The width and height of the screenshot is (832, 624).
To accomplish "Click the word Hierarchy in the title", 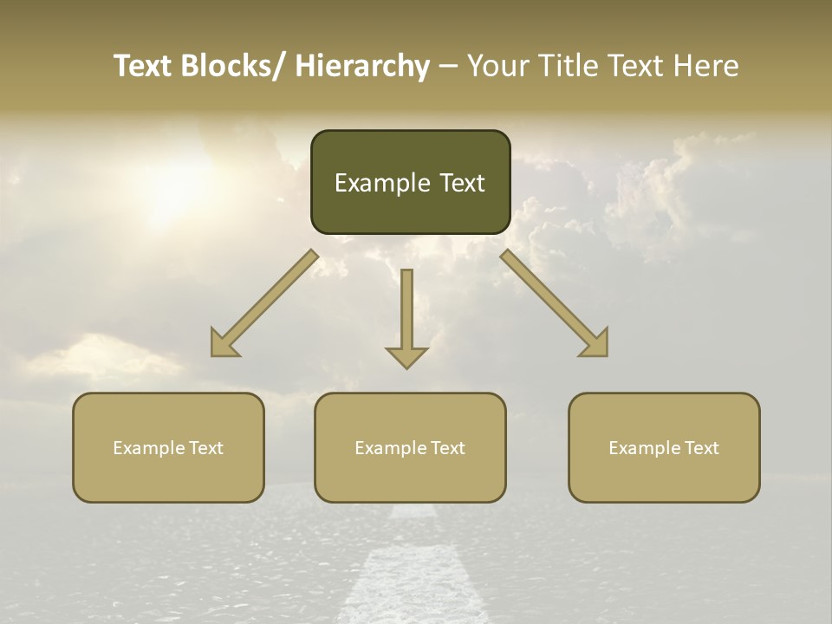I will pos(362,66).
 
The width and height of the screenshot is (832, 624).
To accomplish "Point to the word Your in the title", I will pos(497,66).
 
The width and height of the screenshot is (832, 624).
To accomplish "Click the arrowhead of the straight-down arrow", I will pos(406,356).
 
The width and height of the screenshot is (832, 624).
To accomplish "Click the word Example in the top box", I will pos(372,183).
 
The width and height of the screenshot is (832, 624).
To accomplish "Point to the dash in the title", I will pos(448,67).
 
